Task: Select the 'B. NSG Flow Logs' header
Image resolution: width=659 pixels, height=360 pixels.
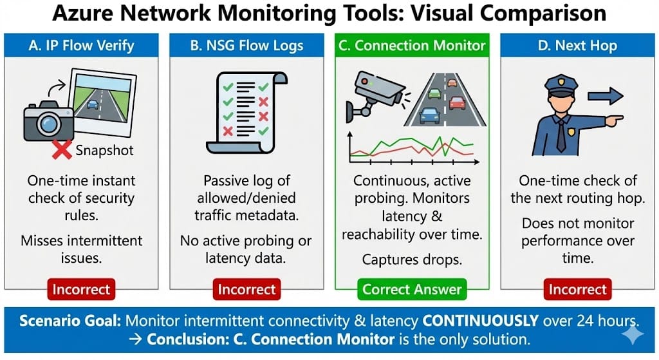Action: (247, 46)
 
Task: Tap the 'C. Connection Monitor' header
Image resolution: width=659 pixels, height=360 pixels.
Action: (412, 46)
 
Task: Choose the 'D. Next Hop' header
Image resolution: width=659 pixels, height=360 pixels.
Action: (577, 46)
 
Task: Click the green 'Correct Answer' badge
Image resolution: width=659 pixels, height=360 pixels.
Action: (412, 289)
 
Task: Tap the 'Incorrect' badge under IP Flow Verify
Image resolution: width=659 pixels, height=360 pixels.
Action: (81, 289)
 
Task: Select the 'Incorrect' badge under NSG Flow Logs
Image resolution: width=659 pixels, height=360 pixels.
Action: (247, 289)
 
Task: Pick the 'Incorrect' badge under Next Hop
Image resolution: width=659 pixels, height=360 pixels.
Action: (577, 289)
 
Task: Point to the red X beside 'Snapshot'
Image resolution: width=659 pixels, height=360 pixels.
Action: (62, 150)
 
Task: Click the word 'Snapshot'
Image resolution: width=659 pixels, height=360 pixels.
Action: (104, 151)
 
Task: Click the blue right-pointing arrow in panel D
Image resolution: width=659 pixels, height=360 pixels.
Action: (606, 97)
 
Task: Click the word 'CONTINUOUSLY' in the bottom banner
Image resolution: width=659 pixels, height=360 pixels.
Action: (438, 320)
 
